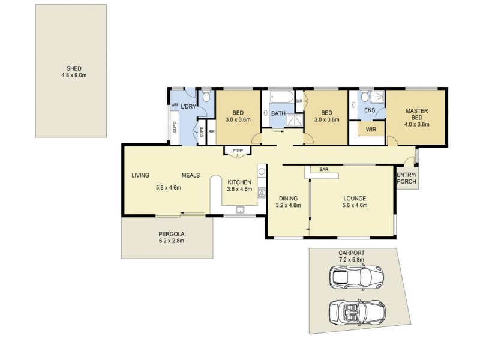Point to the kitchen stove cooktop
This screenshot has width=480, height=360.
(x=262, y=193)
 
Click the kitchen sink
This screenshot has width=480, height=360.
(x=240, y=209)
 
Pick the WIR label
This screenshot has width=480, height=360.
(x=370, y=128)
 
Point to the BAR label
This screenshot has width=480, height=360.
(x=323, y=169)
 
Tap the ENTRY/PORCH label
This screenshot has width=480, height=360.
(x=407, y=178)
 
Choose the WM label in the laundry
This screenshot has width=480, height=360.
(x=174, y=106)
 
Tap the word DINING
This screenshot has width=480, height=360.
(x=288, y=199)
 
